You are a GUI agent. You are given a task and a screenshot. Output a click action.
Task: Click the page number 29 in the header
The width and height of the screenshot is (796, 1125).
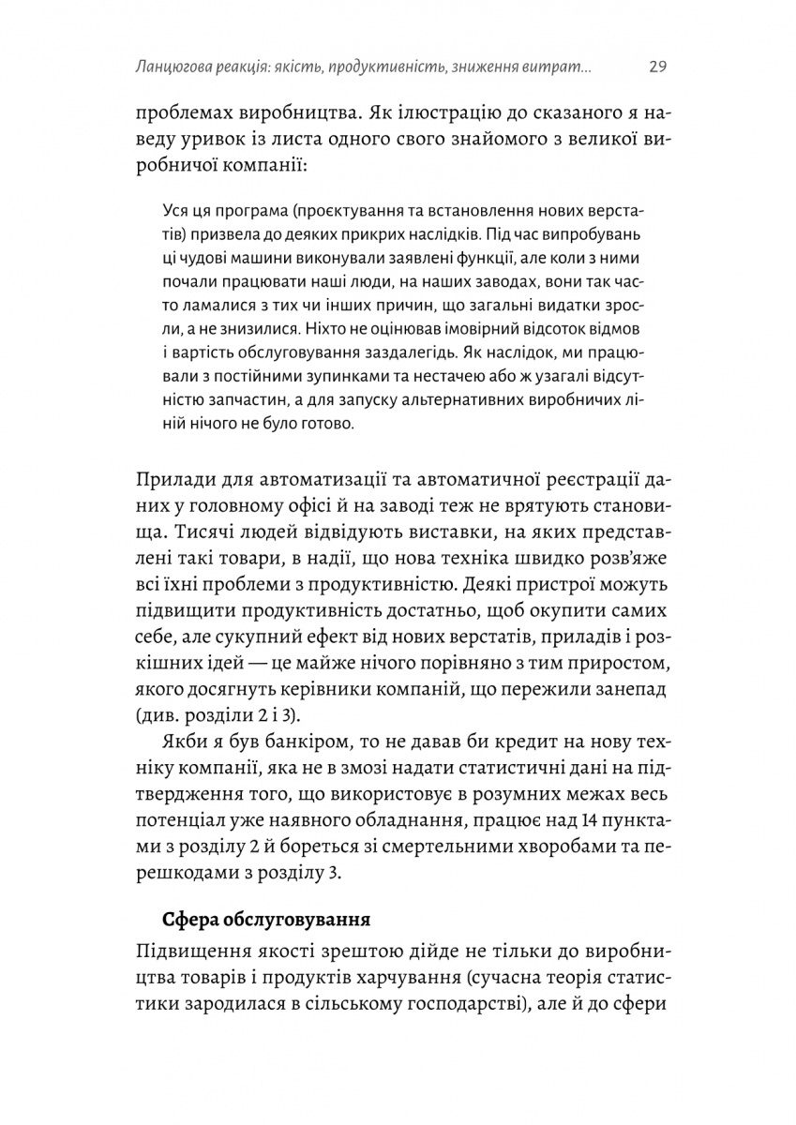coord(656,67)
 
